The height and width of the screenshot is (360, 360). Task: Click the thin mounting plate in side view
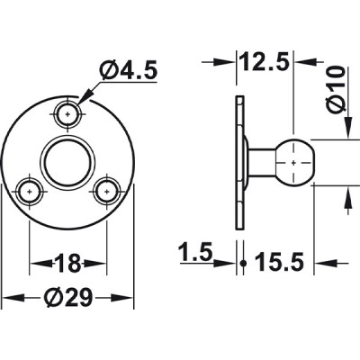click(x=238, y=162)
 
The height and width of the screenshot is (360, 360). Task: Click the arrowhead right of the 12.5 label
click(x=307, y=64)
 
